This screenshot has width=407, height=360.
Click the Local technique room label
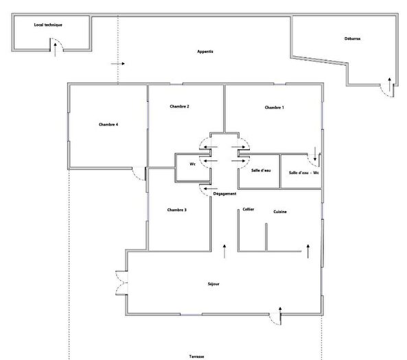[x=48, y=25]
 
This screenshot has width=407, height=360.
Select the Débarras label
[x=353, y=39]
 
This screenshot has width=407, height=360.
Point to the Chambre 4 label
[x=108, y=124]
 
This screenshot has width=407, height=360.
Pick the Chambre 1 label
[x=274, y=108]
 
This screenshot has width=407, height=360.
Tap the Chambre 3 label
[x=176, y=210]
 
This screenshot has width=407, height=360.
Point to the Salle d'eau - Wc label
[x=305, y=173]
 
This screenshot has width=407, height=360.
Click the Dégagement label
[x=224, y=193]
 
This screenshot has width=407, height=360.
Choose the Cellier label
[x=248, y=209]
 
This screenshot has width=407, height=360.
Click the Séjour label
[x=213, y=283]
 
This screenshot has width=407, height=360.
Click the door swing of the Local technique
[x=56, y=44]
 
